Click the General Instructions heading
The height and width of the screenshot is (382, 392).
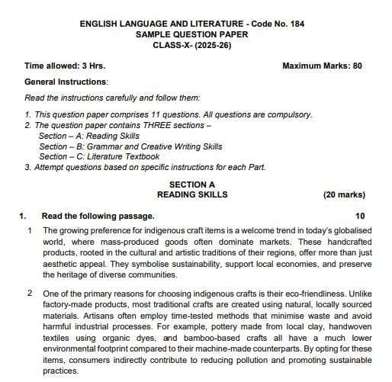point(66,81)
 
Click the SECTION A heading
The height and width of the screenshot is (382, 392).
point(192,185)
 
